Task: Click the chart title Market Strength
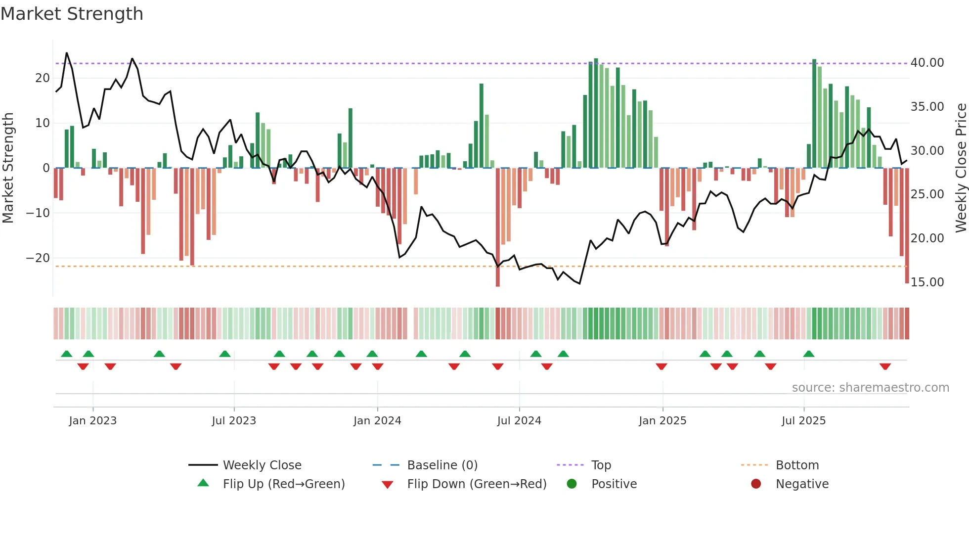[x=72, y=14]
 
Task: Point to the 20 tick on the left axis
[x=43, y=78]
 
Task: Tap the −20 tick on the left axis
[x=38, y=258]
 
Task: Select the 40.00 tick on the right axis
[x=927, y=63]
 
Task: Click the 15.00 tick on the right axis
[x=927, y=282]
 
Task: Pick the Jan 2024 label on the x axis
[x=377, y=421]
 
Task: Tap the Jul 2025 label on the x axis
[x=803, y=421]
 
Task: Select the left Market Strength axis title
[x=8, y=168]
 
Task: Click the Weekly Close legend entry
[x=262, y=465]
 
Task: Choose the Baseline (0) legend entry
[x=442, y=465]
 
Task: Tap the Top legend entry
[x=601, y=465]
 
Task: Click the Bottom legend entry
[x=797, y=465]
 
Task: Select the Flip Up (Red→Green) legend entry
[x=283, y=484]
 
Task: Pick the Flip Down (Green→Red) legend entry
[x=477, y=484]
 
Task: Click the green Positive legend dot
[x=572, y=484]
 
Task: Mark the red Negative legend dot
[x=756, y=484]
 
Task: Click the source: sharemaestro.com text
[x=870, y=388]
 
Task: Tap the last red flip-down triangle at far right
[x=885, y=366]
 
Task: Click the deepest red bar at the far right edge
[x=907, y=226]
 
